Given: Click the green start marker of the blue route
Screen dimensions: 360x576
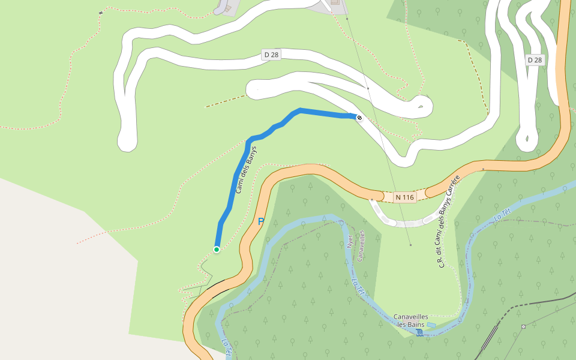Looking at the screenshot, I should [x=217, y=249].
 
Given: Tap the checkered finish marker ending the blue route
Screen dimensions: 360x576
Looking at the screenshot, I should [x=359, y=118].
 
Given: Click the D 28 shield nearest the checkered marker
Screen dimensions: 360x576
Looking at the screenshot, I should [x=271, y=55].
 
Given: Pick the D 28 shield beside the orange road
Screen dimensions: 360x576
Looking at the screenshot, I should [x=535, y=60].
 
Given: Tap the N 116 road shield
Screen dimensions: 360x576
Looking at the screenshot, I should [x=405, y=197].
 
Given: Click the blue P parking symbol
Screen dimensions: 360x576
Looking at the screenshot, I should [x=261, y=221].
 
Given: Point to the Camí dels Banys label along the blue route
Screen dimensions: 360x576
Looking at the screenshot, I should [x=246, y=170].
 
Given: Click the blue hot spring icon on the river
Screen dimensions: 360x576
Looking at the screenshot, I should [x=419, y=332].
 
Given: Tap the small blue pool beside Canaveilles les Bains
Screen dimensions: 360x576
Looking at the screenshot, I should [x=431, y=325].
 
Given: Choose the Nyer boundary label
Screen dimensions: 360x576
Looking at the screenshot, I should [x=350, y=241].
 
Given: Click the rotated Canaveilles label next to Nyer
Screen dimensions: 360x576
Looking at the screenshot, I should [x=361, y=246].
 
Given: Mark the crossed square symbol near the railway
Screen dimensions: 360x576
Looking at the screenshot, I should [x=524, y=326].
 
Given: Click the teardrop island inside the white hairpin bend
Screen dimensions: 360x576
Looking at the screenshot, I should [x=422, y=107].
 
